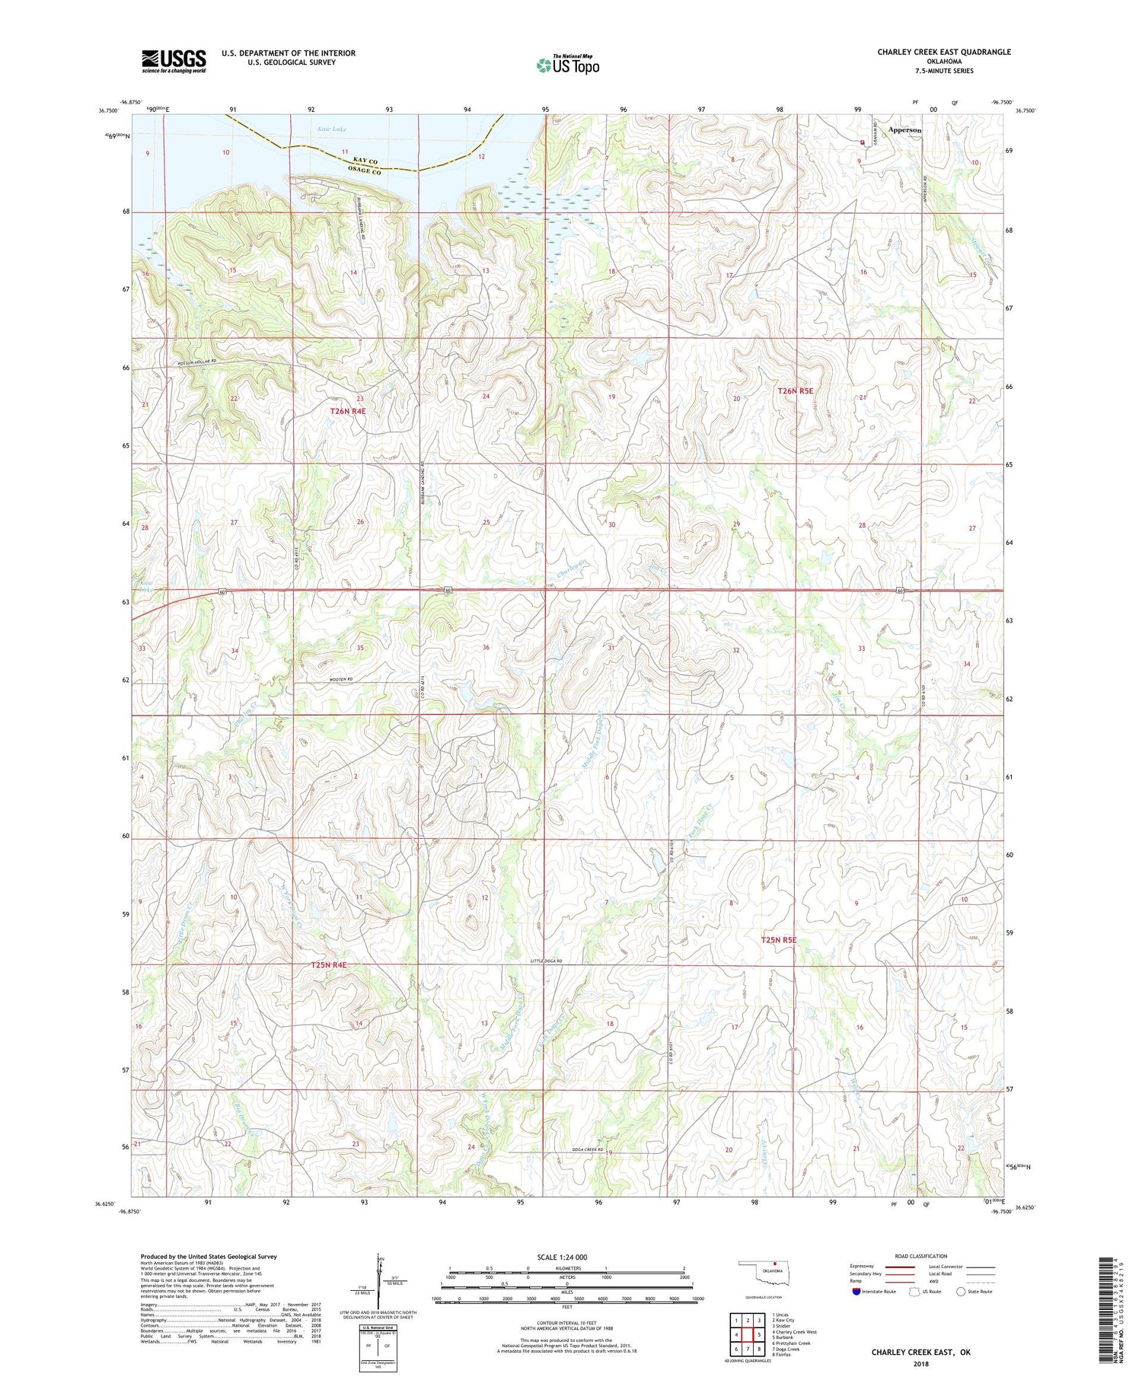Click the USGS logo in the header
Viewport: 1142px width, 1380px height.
pyautogui.click(x=174, y=61)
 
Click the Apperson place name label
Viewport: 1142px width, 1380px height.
pyautogui.click(x=904, y=130)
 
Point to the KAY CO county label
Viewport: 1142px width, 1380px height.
pyautogui.click(x=365, y=161)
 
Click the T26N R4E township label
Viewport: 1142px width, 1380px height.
pyautogui.click(x=348, y=411)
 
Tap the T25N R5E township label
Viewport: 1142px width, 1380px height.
pyautogui.click(x=778, y=940)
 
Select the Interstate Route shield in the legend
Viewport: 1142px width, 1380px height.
pyautogui.click(x=856, y=1292)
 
